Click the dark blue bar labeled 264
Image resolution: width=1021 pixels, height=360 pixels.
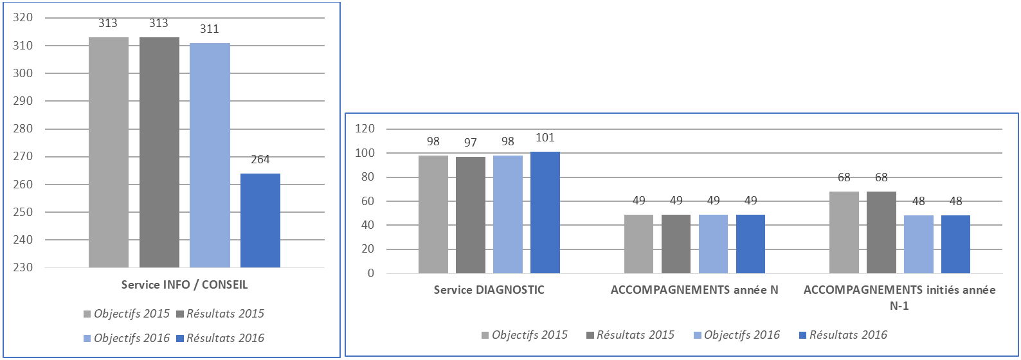click(260, 221)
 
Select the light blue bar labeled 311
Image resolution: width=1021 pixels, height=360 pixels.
click(210, 155)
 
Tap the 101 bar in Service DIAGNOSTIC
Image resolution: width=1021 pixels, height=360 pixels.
click(545, 212)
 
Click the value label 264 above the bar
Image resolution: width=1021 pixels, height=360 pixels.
click(260, 159)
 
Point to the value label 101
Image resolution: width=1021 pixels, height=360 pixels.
click(545, 138)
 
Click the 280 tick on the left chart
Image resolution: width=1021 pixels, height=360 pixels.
click(23, 129)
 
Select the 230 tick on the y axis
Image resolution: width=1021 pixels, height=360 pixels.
click(23, 267)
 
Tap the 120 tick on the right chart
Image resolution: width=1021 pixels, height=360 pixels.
click(365, 129)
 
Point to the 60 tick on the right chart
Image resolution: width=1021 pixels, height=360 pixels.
click(367, 201)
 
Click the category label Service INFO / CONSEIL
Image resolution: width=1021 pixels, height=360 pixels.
click(185, 285)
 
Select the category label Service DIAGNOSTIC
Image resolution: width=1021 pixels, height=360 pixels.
click(489, 290)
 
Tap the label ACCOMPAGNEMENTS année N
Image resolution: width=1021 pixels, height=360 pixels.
click(694, 290)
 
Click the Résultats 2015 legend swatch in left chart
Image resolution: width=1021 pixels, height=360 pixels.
click(180, 314)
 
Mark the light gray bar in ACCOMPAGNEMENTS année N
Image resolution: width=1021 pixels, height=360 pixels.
click(638, 244)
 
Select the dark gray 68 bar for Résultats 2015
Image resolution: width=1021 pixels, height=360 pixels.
click(881, 232)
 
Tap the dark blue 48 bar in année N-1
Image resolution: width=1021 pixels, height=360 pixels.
click(955, 244)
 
